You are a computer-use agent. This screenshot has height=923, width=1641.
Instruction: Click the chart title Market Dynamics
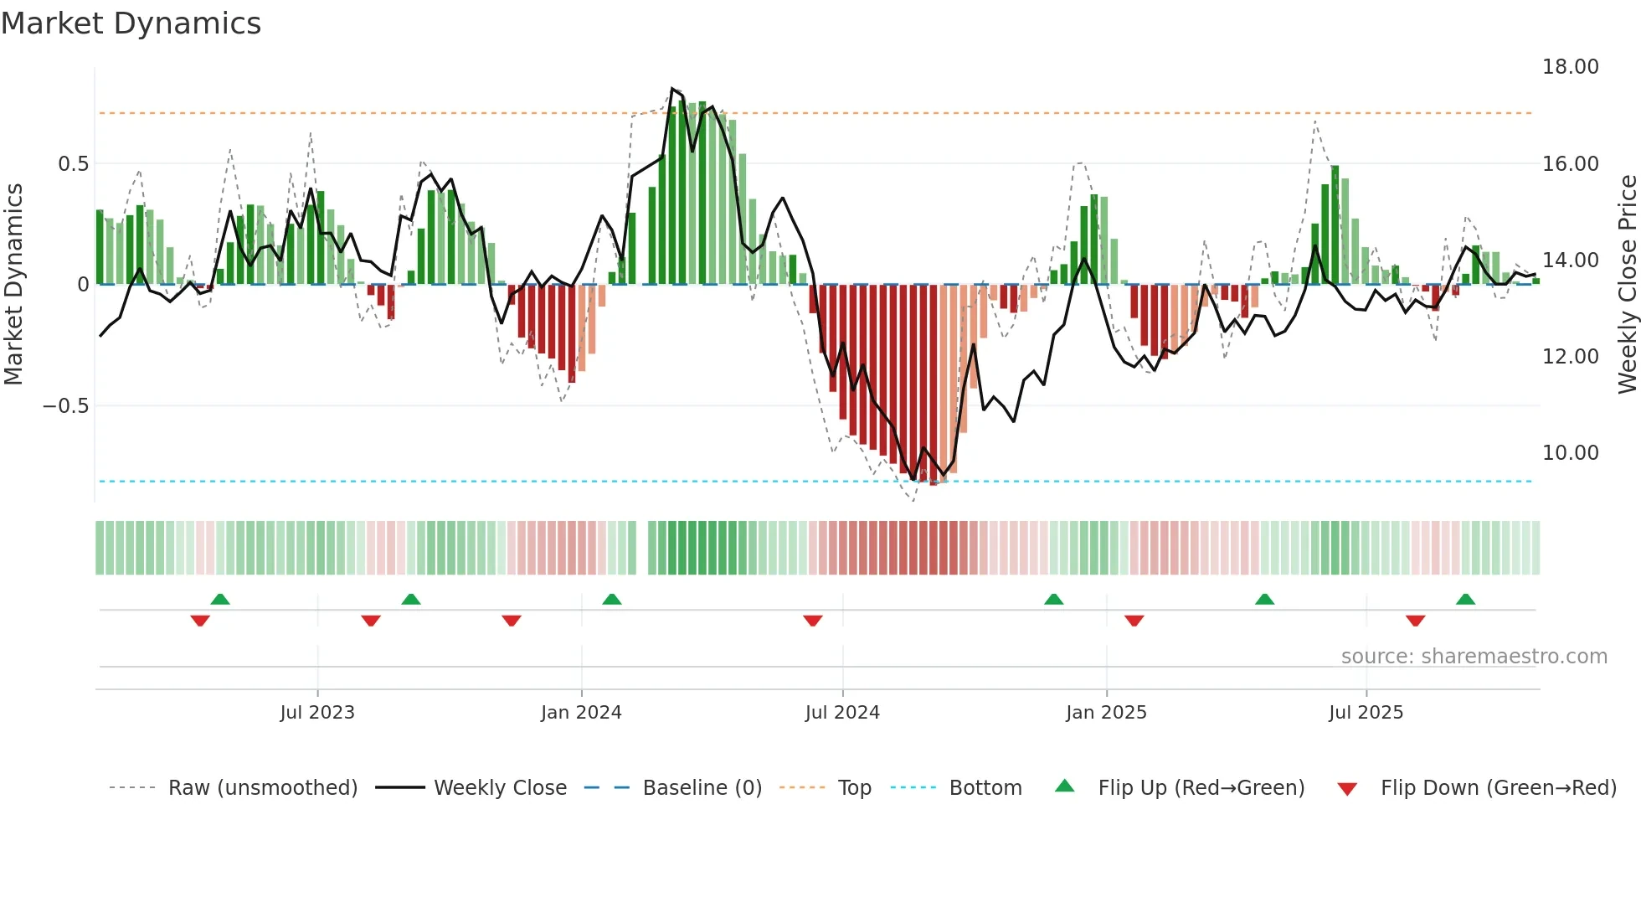coord(131,23)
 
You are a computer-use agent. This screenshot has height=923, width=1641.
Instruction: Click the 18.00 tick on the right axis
coord(1570,67)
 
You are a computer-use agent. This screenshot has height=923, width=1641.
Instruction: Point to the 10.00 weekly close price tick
coord(1570,453)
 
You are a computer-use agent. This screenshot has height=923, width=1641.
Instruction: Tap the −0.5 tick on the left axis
coord(65,406)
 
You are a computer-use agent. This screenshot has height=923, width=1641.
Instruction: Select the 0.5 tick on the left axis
coord(73,164)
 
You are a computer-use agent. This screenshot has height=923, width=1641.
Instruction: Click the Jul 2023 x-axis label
coord(317,713)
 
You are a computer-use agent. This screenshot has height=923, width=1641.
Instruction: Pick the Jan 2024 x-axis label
coord(581,713)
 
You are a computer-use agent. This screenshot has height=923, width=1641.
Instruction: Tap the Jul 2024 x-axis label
coord(842,713)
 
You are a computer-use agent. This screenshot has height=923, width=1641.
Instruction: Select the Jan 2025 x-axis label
coord(1106,713)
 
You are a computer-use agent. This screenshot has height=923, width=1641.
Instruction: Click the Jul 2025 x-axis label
coord(1366,713)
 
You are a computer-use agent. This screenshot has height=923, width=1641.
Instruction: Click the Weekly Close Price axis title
coord(1627,285)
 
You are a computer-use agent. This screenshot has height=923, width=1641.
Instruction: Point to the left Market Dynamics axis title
coord(13,285)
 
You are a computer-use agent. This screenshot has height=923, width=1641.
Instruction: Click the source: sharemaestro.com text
coord(1474,657)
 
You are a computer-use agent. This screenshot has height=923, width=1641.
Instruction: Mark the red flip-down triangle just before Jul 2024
coord(812,621)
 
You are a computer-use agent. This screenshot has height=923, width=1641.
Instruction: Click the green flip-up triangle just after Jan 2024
coord(612,599)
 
